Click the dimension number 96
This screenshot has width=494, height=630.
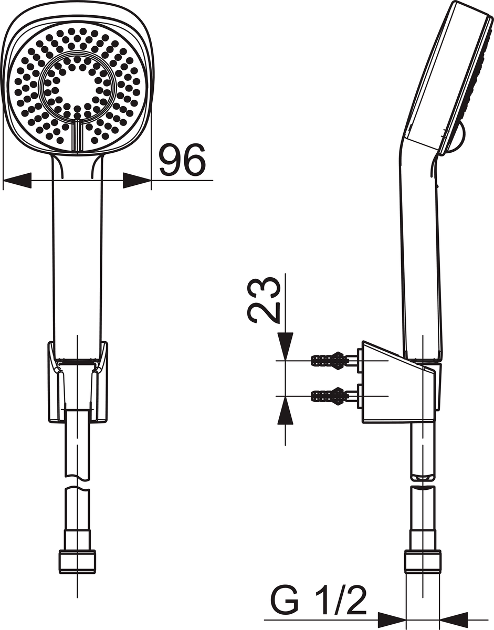tap(182, 160)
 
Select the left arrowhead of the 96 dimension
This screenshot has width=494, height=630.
tap(17, 180)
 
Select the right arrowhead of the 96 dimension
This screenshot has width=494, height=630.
tap(137, 180)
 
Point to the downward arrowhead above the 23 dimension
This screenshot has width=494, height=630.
tap(285, 346)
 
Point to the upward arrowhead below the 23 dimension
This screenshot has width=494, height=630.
tap(285, 411)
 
